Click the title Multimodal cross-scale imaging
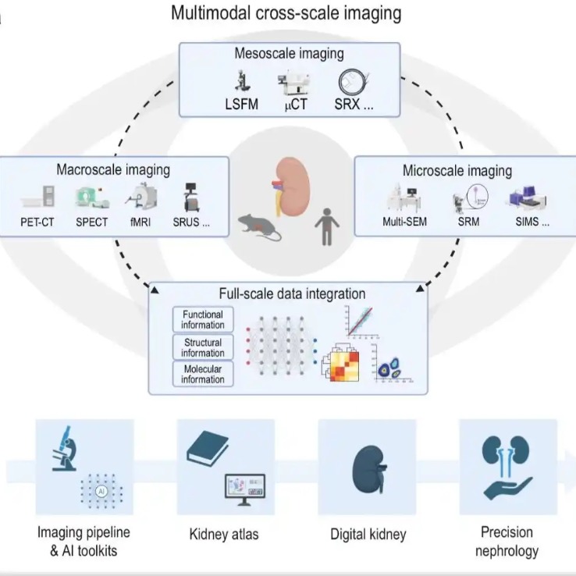288,13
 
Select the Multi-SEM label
398,221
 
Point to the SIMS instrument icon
524,198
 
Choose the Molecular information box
202,374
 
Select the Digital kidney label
368,535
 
